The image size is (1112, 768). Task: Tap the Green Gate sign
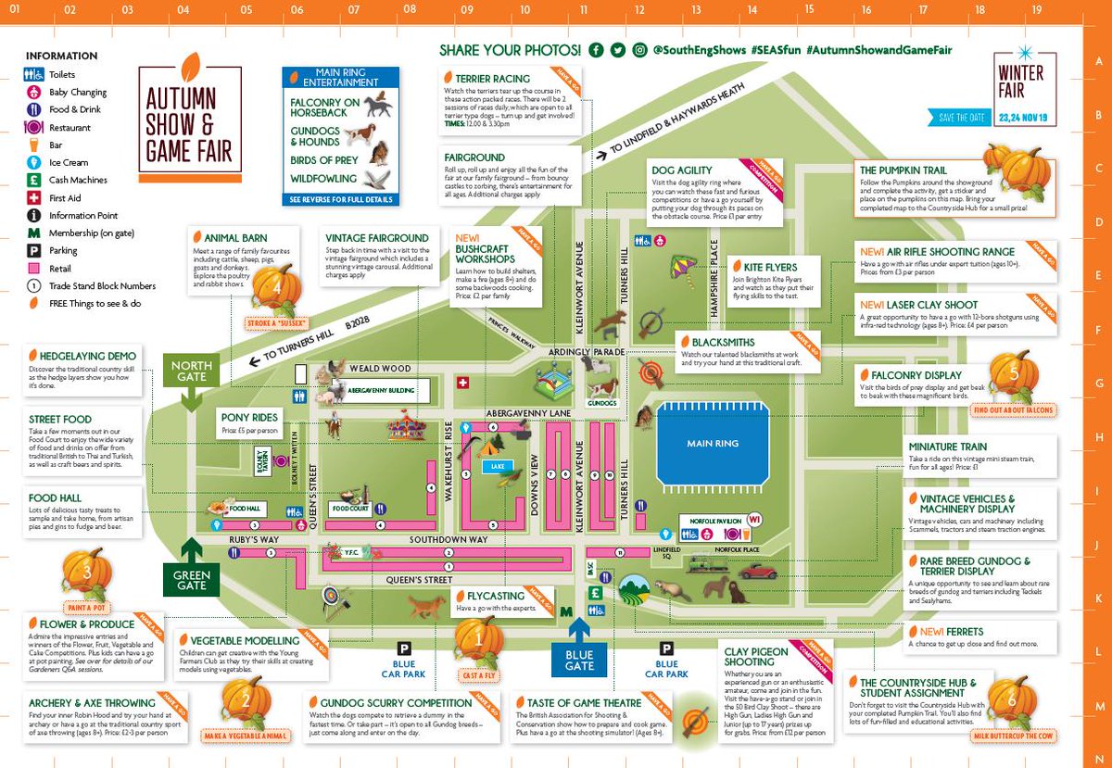coord(192,580)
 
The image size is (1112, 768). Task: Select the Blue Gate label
coord(579,660)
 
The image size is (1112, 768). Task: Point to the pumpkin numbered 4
coord(277,288)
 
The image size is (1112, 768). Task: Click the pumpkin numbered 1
coord(478,638)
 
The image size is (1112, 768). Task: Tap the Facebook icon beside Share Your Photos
coord(596,50)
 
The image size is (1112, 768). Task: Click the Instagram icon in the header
coord(639,50)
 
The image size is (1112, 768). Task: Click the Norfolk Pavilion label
coord(704,520)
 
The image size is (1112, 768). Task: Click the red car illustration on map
coord(757,572)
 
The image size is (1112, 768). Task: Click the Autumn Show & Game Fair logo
coord(190,120)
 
